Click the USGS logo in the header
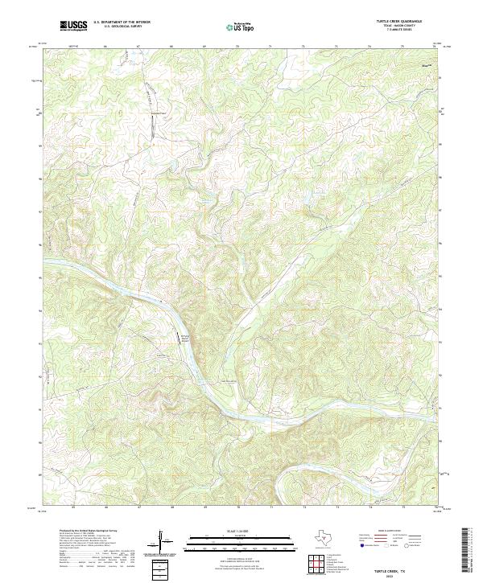tap(73, 26)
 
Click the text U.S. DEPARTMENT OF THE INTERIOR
tap(122, 23)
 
